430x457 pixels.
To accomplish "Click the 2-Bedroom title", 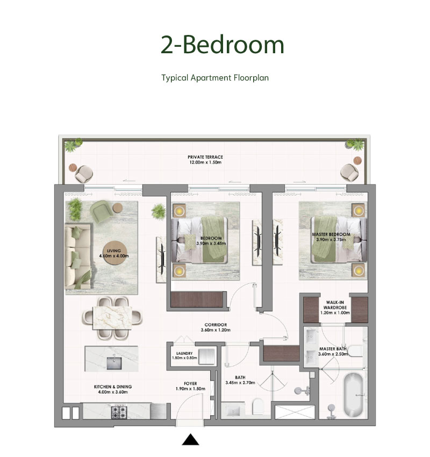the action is (223, 45).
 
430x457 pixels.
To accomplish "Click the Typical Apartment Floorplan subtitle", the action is (215, 78).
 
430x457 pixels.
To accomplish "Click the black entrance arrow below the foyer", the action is (190, 439).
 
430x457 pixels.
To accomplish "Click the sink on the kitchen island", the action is (114, 363).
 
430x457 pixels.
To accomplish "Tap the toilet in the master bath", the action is (355, 351).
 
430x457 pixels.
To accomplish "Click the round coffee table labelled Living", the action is (114, 253).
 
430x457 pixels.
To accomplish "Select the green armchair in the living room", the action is (101, 212).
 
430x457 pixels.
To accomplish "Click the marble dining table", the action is (112, 318).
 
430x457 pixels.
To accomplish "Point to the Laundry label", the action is (184, 353).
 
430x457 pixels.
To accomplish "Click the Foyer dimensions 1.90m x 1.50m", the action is (190, 389).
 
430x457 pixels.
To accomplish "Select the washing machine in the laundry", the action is (206, 356).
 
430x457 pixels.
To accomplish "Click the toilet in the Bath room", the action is (258, 406).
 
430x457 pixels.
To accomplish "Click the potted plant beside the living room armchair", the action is (75, 209).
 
